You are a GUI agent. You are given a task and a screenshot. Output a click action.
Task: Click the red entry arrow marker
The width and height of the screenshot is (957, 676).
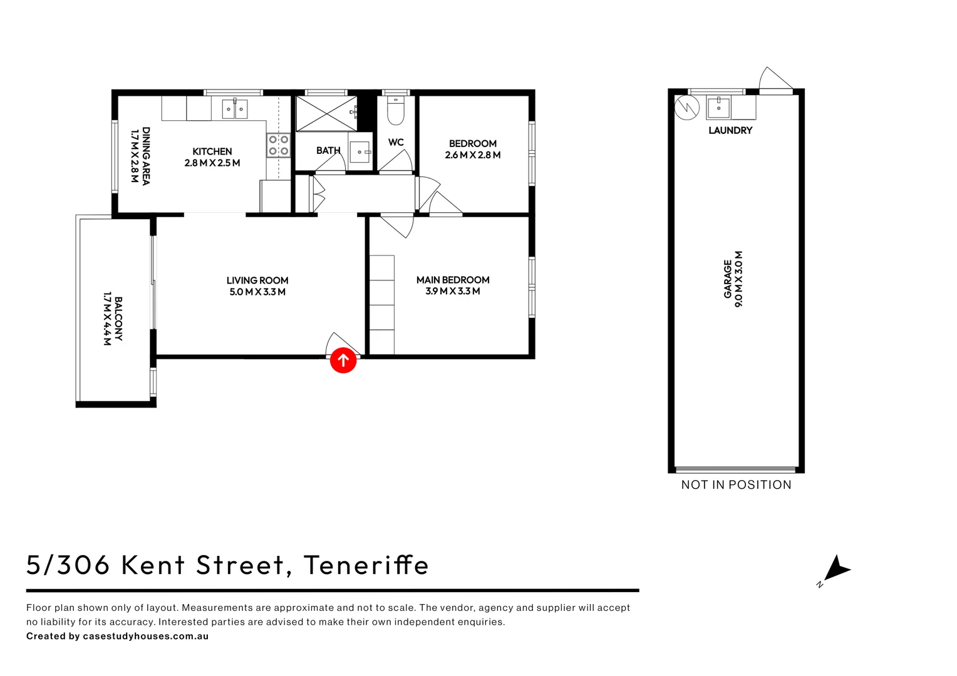(343, 360)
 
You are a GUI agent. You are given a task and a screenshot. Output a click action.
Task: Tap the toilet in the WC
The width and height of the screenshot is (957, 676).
(396, 111)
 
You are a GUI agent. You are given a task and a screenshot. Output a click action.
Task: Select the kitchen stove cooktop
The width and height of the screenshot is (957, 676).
(279, 145)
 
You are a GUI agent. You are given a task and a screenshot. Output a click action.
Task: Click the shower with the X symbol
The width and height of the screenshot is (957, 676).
(326, 113)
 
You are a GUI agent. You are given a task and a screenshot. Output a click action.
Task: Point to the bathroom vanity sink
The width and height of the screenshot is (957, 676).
(360, 152)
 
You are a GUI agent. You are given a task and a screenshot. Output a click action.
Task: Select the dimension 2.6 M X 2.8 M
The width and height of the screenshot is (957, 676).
(473, 155)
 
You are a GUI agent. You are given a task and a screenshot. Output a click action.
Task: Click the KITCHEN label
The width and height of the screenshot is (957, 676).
(212, 151)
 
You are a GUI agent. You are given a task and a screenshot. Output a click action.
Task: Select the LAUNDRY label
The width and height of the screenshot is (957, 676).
(730, 130)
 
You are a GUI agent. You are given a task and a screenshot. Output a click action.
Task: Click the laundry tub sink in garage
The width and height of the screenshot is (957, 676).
(719, 108)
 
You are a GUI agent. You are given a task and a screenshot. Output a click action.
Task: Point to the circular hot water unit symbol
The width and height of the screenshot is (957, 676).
(687, 107)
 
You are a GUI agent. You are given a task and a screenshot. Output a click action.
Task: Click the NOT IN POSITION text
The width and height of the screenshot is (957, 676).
(736, 484)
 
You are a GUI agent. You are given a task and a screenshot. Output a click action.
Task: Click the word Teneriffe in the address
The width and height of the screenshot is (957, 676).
(366, 565)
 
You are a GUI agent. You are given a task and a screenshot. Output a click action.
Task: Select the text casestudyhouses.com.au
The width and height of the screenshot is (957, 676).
(145, 636)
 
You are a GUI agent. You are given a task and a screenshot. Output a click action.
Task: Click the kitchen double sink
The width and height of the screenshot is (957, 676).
(235, 109)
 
